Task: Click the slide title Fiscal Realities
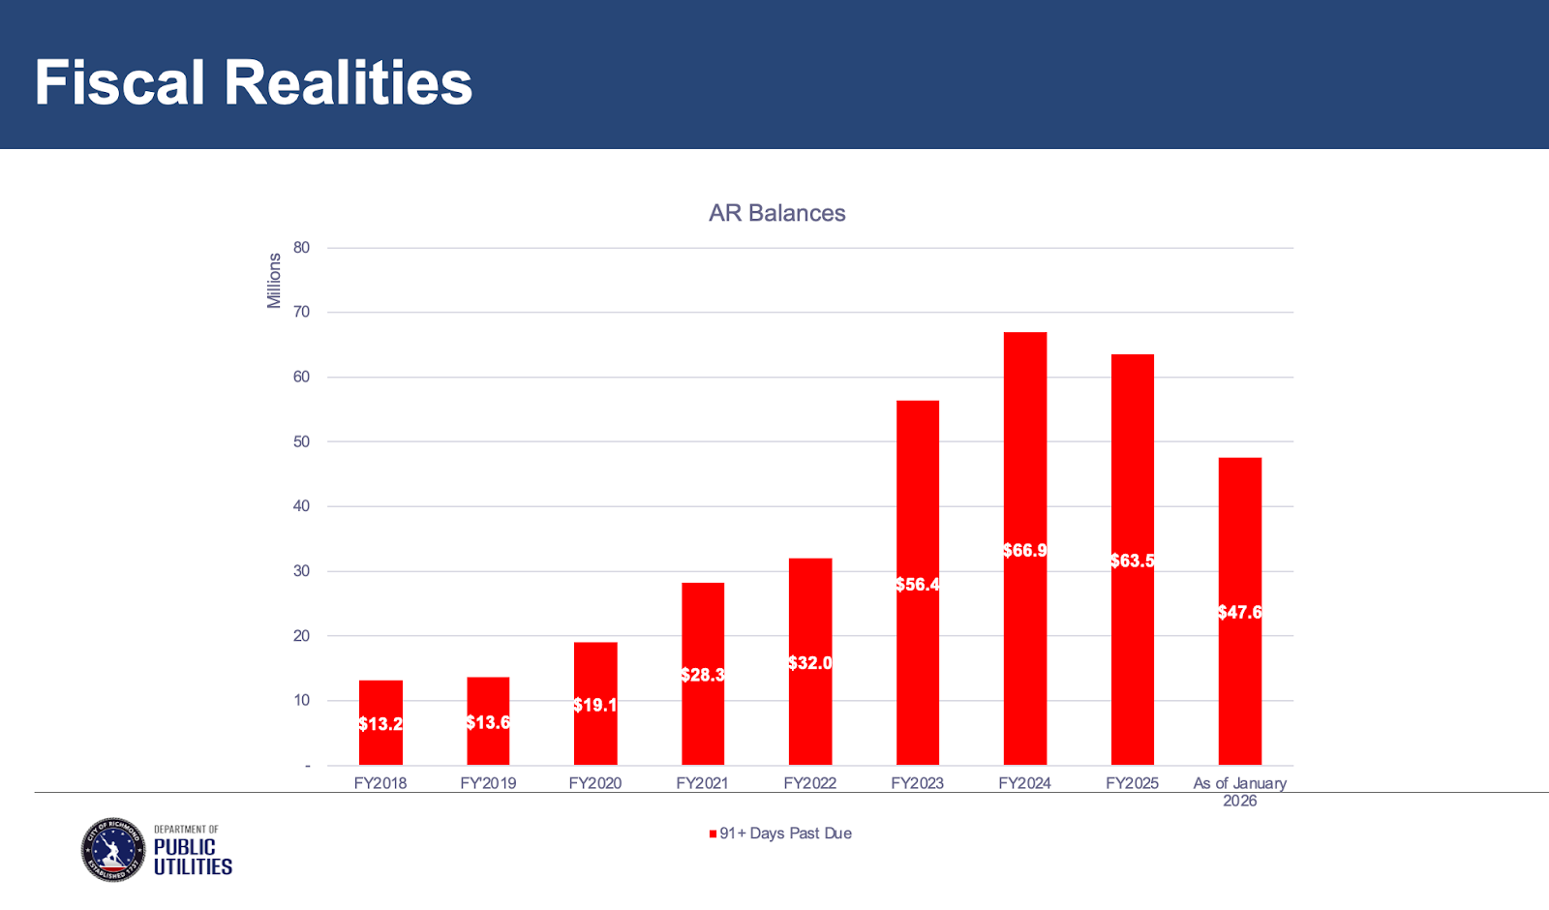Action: coord(254,82)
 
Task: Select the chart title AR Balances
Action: coord(776,213)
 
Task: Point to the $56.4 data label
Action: coord(917,585)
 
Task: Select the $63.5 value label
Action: coord(1132,561)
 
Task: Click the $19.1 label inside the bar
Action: coord(594,705)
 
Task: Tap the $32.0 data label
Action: coord(809,663)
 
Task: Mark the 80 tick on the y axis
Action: coord(302,248)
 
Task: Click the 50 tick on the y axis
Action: coord(302,441)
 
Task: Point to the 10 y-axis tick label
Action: coord(302,700)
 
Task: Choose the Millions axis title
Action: coord(274,281)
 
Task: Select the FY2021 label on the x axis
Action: coord(702,783)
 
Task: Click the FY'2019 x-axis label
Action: coord(488,783)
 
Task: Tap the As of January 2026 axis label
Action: coord(1239,791)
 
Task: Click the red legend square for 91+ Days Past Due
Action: coord(714,834)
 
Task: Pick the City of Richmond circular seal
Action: coord(113,850)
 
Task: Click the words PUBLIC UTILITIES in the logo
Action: coord(193,857)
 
